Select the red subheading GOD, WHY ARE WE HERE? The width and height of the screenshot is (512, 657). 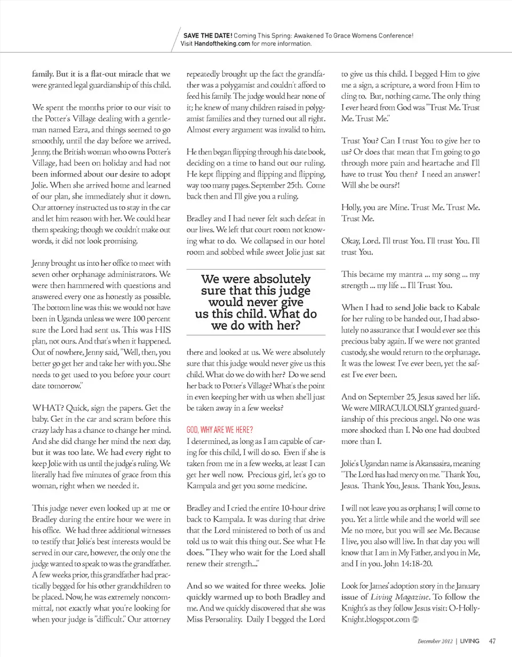(x=219, y=430)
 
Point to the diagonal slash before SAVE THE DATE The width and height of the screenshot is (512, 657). (x=176, y=40)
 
